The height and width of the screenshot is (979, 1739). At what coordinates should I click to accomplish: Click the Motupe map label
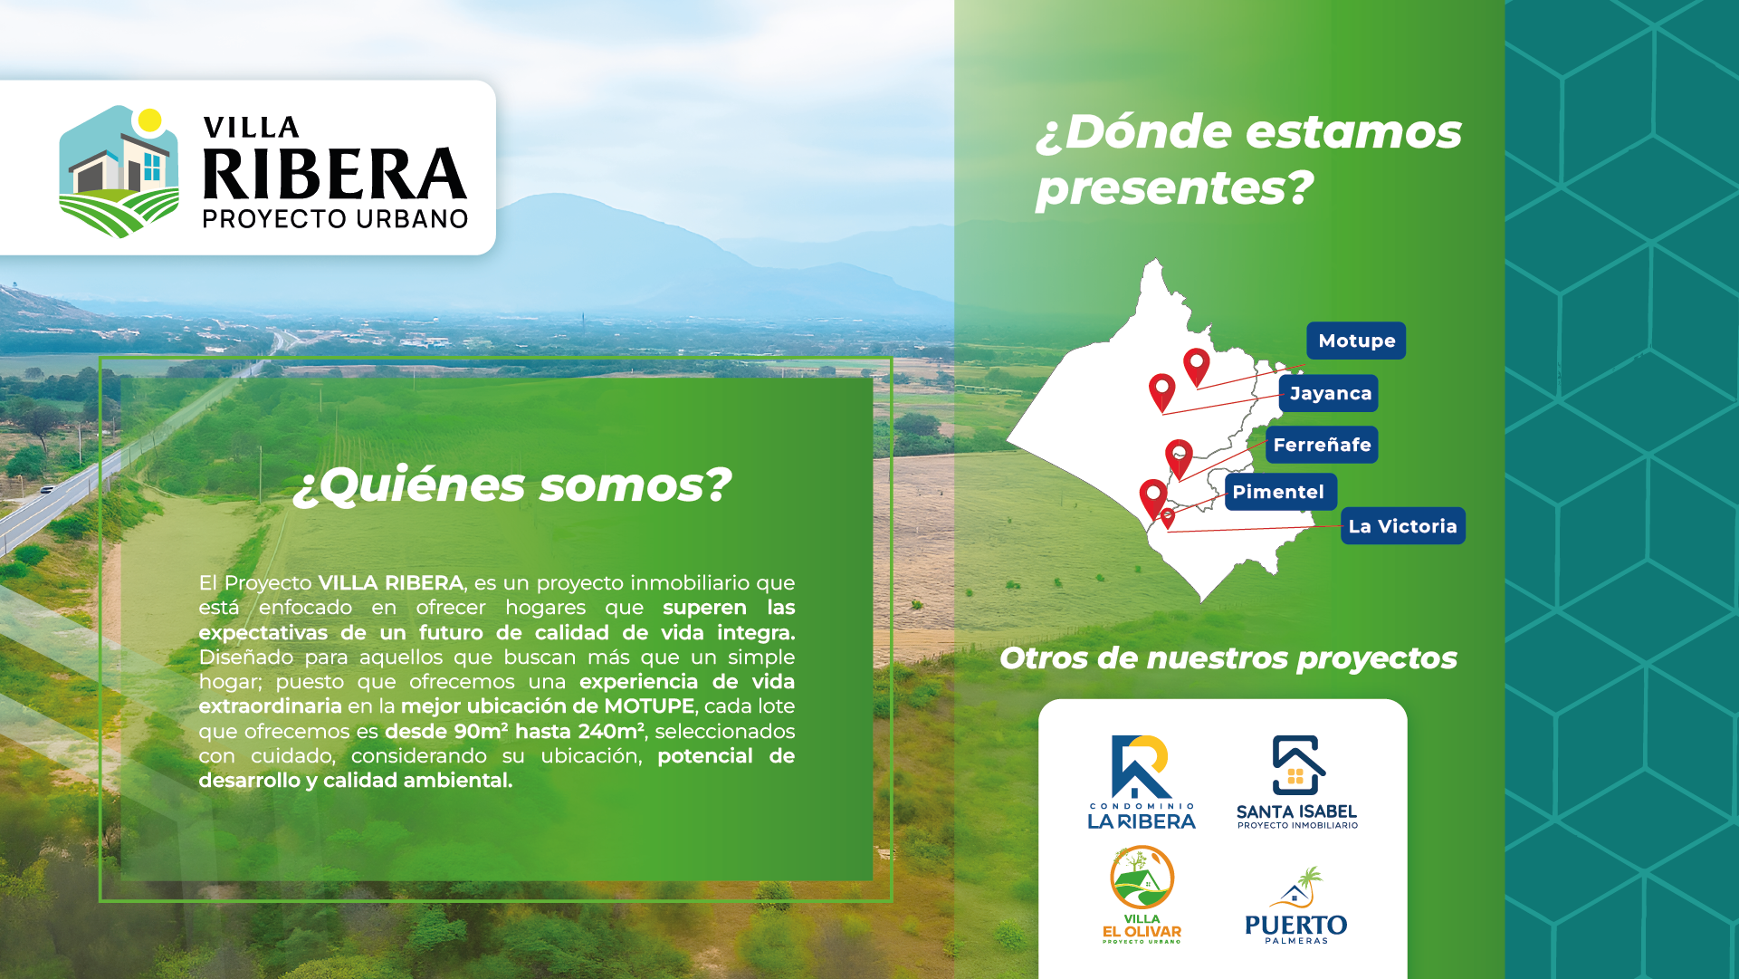1356,341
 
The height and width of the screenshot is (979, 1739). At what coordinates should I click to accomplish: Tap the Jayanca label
1329,393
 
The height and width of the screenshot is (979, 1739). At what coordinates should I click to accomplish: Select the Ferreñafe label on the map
1322,445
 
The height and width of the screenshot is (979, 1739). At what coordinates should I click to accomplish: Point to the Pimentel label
1280,492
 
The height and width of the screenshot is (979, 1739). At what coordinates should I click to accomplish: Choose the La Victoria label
1403,526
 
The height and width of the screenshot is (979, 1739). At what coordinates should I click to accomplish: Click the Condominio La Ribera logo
1142,782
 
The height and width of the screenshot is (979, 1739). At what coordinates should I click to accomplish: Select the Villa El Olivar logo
1142,895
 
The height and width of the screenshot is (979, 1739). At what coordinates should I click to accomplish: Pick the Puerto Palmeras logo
1296,906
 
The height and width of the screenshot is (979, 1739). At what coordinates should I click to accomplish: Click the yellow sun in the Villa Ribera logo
150,120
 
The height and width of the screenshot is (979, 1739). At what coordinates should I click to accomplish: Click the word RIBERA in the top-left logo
335,174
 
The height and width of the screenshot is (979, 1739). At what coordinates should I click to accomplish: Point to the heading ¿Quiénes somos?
511,485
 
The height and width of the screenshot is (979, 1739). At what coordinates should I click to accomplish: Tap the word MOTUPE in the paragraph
649,706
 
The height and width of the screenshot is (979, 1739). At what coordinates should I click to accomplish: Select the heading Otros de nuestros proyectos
1228,658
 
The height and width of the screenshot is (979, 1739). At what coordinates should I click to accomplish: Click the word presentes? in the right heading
1174,188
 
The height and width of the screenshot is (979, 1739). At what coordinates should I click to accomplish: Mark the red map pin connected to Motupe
1197,367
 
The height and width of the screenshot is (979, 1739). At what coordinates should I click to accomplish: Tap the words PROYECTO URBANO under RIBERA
335,219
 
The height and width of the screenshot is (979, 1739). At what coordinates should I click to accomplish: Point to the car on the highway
47,490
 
